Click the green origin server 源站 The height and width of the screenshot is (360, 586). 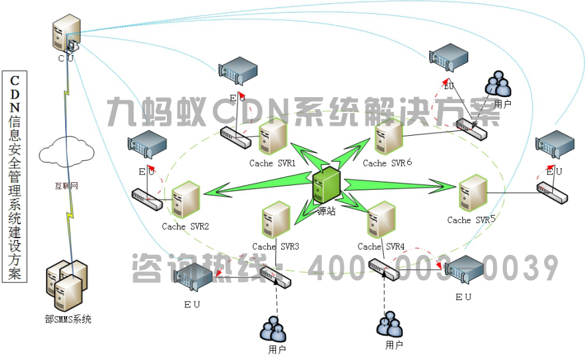328,186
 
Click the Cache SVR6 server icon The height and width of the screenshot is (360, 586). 388,138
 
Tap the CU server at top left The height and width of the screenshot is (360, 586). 67,35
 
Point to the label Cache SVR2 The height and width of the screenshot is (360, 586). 186,227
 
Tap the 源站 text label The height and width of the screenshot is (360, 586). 327,211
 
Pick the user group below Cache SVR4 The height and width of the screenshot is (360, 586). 390,325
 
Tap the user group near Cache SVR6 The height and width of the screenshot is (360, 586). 498,85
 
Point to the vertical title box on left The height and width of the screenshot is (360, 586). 14,176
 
